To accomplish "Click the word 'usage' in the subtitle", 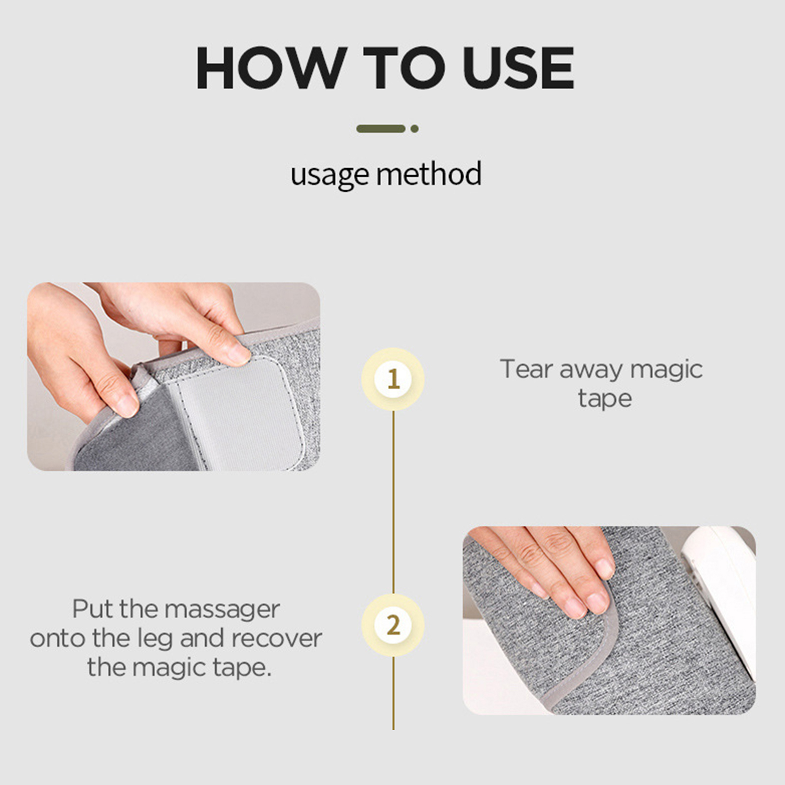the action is click(329, 175).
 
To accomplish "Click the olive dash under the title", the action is click(381, 129).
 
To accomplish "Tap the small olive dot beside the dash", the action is click(415, 129).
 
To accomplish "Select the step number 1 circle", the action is click(393, 379).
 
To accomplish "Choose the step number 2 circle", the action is click(393, 625).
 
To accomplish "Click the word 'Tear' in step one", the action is click(526, 369).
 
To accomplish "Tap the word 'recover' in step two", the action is click(276, 639).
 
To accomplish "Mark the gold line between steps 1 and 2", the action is click(393, 502).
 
